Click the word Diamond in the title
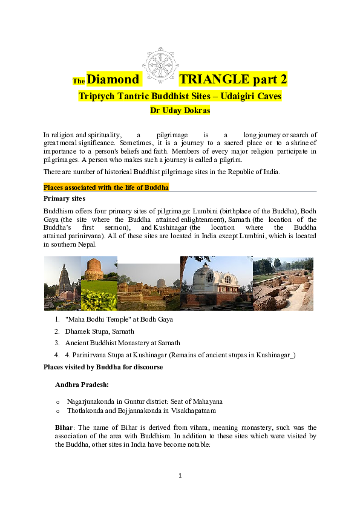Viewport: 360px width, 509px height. click(x=113, y=79)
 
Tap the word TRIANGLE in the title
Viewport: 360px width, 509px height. click(x=215, y=79)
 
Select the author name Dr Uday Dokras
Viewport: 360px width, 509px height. click(x=180, y=110)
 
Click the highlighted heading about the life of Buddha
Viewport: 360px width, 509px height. click(x=106, y=187)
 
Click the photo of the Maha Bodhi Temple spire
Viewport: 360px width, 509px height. click(x=62, y=283)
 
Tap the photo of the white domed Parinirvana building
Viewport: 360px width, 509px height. click(x=216, y=283)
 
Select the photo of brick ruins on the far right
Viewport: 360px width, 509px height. click(x=283, y=283)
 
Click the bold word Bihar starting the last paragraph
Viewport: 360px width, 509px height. click(x=64, y=427)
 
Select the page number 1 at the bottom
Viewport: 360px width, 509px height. click(x=180, y=476)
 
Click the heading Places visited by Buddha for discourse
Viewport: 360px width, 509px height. click(x=103, y=367)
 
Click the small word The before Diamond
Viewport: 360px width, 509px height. click(x=78, y=82)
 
